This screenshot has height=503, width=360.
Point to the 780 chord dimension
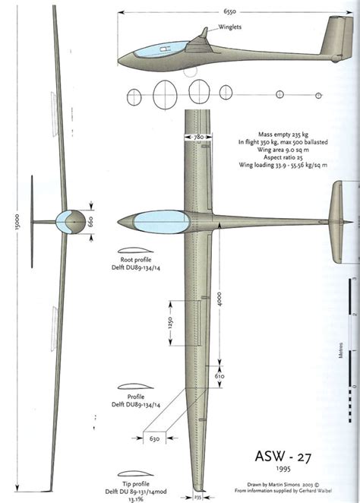tap(198, 137)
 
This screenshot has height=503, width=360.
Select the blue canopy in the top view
tap(152, 221)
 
